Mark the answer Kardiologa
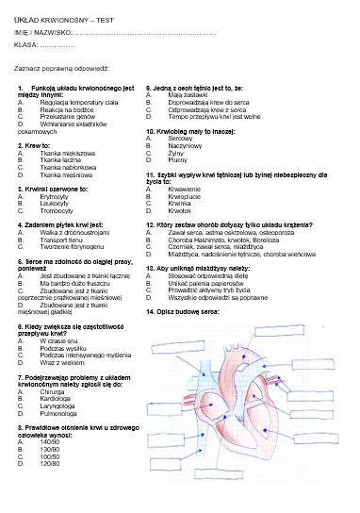(x=56, y=396)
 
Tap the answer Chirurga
(x=54, y=389)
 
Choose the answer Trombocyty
(x=56, y=210)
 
